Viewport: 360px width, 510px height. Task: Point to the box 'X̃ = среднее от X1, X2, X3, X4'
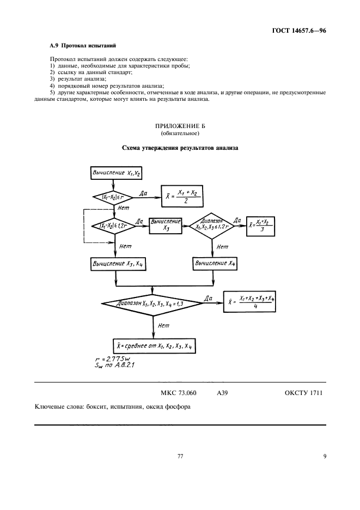click(x=149, y=345)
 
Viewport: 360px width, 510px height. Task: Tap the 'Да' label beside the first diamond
click(x=143, y=193)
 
